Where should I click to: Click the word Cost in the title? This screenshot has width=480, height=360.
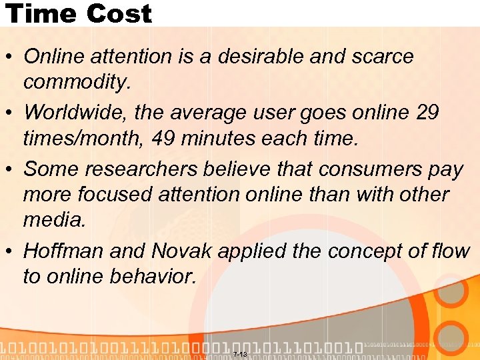[117, 13]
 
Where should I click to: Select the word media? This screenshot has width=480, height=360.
[55, 221]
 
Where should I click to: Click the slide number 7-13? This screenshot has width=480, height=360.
[240, 354]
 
